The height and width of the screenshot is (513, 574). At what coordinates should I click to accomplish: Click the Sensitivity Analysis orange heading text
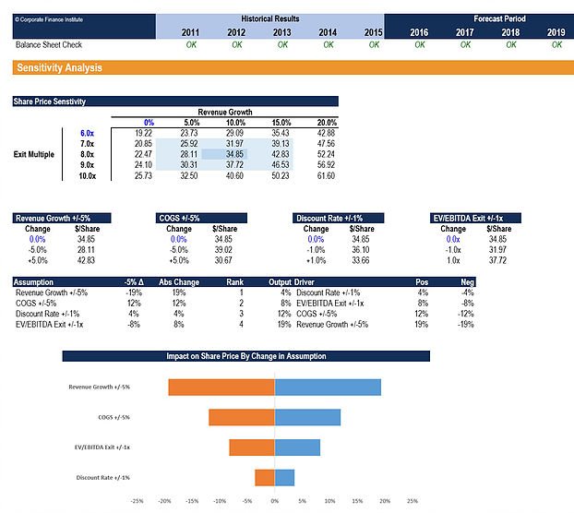pos(59,68)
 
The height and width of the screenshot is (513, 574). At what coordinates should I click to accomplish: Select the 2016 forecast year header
pos(419,31)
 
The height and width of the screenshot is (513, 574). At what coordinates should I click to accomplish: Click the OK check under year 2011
pos(191,44)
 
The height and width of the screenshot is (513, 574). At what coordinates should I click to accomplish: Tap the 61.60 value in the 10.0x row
pos(325,175)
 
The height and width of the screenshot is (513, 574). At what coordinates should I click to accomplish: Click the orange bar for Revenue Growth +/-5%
pos(221,387)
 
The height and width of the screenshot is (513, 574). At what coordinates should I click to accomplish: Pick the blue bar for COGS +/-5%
pos(307,417)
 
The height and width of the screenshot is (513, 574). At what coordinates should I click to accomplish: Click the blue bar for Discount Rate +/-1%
pos(284,477)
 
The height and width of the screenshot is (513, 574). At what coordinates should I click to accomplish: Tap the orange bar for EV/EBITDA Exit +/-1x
pos(252,447)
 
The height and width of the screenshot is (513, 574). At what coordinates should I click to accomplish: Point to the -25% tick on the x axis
pos(137,503)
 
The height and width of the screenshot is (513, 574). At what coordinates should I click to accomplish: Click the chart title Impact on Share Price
pos(245,356)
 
